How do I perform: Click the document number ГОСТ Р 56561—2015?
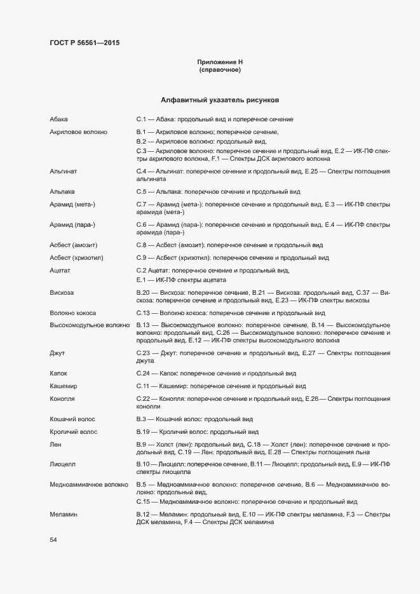84,43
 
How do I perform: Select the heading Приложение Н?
220,62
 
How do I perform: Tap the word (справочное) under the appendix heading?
220,69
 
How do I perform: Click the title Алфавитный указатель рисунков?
220,100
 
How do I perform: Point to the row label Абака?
58,119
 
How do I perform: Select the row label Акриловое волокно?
78,132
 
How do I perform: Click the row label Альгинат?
63,172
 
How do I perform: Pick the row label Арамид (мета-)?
72,205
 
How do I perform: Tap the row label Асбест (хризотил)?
76,257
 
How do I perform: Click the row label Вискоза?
62,292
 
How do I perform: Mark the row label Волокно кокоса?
74,313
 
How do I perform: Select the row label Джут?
57,353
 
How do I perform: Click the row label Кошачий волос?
72,419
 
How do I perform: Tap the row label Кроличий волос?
74,431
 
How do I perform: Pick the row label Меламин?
64,513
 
